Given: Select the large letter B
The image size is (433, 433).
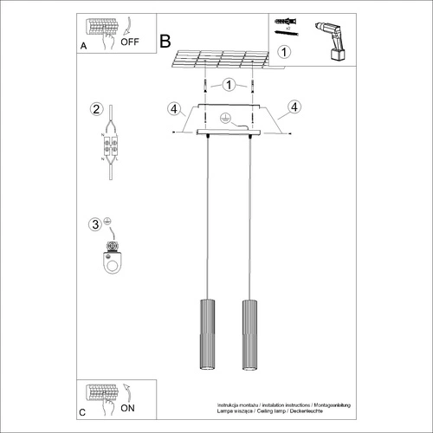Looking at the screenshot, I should coord(165,40).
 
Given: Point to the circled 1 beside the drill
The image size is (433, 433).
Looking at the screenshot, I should coord(287,51).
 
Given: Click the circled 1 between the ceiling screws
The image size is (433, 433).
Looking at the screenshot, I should coord(228,85).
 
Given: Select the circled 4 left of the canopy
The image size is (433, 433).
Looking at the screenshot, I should coord(174,108).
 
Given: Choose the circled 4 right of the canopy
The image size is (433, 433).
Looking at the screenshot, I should coord(294,107).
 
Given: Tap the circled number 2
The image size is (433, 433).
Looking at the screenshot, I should coord(97,109).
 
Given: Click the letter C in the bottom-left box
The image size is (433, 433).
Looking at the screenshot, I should coord(82,414).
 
